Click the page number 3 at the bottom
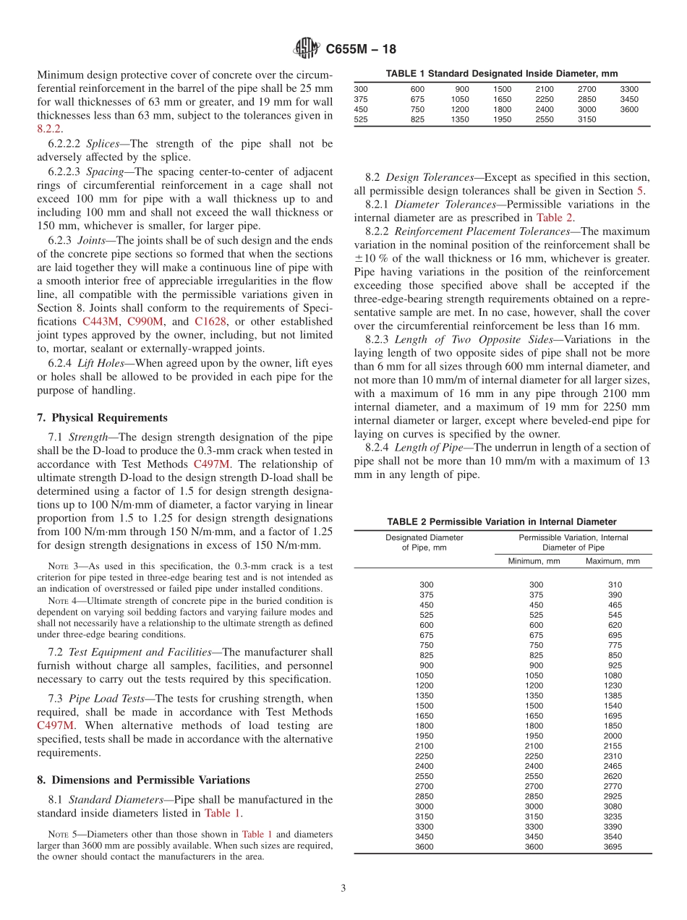343,888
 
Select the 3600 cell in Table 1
629,109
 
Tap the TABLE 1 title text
501,74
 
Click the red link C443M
102,321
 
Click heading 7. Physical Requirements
102,418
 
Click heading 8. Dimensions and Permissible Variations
143,780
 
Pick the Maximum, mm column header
613,561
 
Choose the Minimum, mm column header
534,561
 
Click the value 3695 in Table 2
613,847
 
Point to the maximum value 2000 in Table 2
613,736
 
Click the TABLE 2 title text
501,521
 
